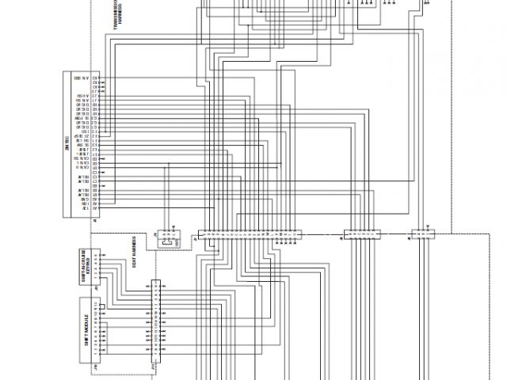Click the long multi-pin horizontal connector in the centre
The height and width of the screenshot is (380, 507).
(x=250, y=234)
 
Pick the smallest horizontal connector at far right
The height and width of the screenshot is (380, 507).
(x=421, y=234)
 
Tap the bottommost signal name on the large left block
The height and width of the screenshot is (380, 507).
(x=84, y=207)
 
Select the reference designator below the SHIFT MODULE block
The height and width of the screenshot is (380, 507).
(x=96, y=367)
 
